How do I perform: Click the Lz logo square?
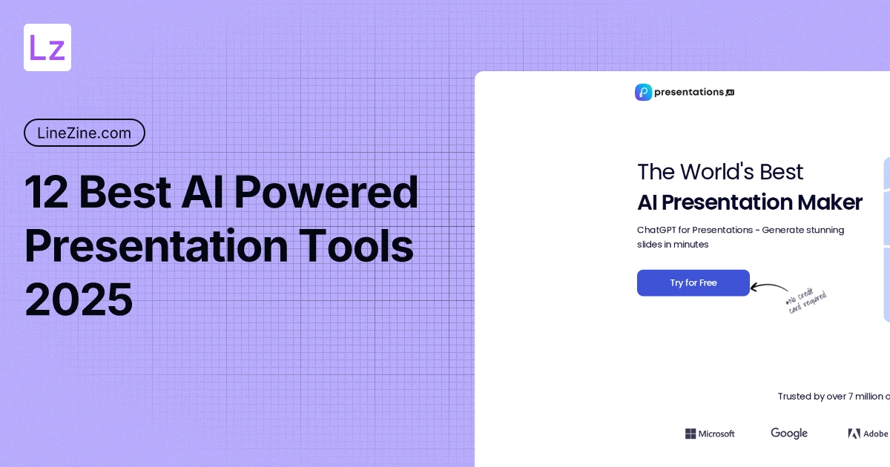coord(47,47)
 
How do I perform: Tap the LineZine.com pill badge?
coord(84,133)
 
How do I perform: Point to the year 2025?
coord(79,300)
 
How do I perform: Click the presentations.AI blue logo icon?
coord(643,92)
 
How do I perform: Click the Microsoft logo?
coord(710,434)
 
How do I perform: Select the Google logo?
coord(789,433)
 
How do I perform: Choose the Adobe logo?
coord(868,434)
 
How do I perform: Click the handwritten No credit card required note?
coord(805,299)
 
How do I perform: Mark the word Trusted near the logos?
coord(794,397)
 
